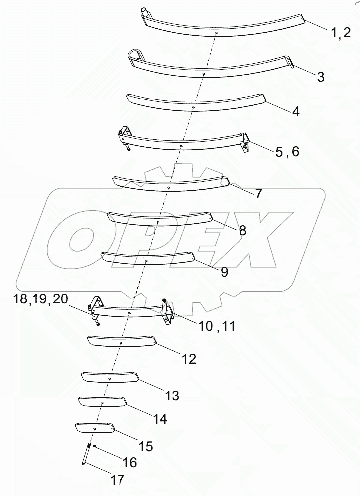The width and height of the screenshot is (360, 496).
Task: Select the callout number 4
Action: (296, 111)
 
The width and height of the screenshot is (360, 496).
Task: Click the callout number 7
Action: (258, 194)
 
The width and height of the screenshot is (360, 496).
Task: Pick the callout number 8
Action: (242, 230)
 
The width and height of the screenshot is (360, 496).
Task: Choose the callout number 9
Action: (224, 272)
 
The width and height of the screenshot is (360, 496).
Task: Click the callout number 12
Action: (189, 358)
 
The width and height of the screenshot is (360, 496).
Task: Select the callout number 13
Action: (172, 396)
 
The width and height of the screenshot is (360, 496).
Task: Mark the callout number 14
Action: (160, 419)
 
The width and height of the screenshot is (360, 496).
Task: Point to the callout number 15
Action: (146, 446)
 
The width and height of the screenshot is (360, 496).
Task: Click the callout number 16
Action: (129, 463)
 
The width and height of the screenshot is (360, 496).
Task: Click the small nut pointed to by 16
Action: (95, 447)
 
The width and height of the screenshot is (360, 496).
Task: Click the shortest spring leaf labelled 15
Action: (95, 427)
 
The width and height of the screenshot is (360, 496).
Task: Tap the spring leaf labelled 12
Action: (121, 342)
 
